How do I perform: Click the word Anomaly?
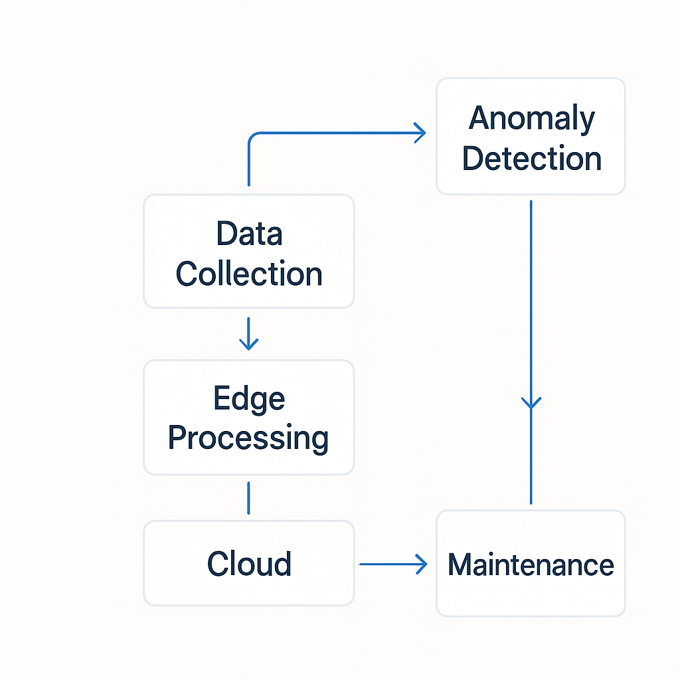[532, 120]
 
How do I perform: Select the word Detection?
[532, 159]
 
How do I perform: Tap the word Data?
[250, 233]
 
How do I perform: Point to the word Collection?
[249, 274]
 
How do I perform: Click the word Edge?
[250, 399]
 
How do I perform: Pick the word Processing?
[248, 438]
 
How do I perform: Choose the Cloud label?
[249, 564]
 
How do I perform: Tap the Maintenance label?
[531, 564]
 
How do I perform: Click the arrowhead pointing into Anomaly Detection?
[420, 133]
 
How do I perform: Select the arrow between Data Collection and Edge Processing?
[248, 333]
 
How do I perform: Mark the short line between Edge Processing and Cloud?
[248, 498]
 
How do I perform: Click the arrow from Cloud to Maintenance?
[393, 564]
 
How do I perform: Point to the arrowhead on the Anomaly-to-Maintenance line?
[531, 403]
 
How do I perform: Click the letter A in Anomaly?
[479, 118]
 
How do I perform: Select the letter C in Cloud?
[218, 564]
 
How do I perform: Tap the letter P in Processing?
[177, 437]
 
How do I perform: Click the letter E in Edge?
[222, 397]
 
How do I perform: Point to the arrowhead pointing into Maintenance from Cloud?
[422, 564]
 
